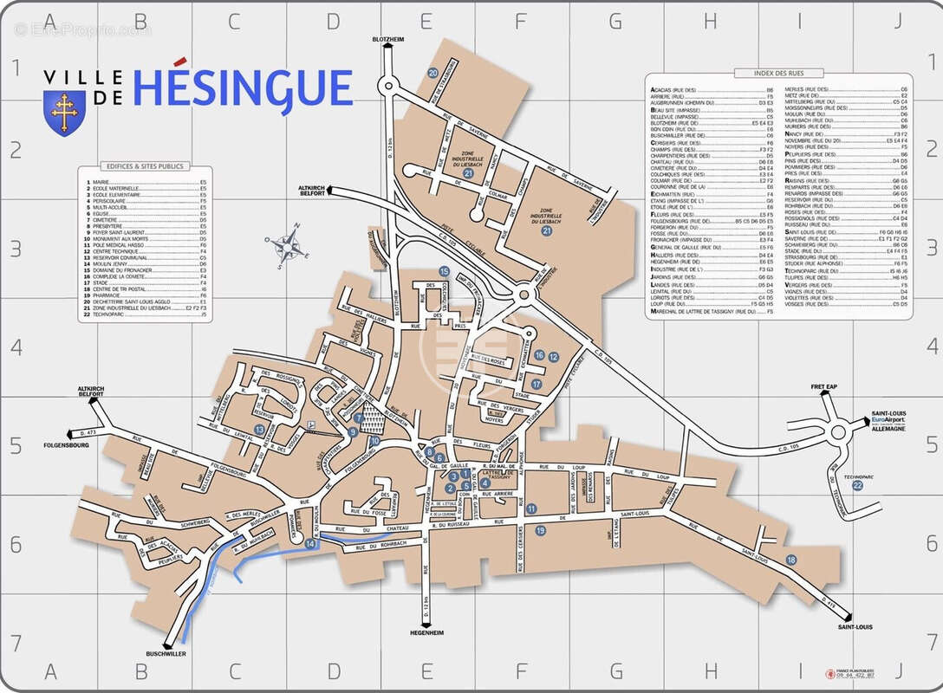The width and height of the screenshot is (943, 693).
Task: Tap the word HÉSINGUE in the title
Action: click(x=244, y=88)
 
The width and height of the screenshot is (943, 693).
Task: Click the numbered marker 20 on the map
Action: click(x=432, y=74)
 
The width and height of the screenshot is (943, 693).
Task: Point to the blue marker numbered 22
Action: click(x=857, y=485)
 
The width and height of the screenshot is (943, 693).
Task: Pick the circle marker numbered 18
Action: click(x=790, y=560)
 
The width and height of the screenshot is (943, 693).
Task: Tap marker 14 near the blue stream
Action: click(x=311, y=544)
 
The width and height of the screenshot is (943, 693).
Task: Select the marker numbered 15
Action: click(x=444, y=272)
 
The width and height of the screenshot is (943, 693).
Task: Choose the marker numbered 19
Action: click(x=540, y=530)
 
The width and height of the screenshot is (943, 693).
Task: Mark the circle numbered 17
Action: click(x=537, y=384)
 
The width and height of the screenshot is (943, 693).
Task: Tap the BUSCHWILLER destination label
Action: click(x=166, y=654)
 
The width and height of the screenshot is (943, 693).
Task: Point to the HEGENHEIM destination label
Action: click(x=426, y=633)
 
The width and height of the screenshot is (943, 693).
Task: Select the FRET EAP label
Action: click(x=826, y=386)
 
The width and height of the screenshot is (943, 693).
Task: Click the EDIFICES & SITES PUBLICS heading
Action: click(x=144, y=166)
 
